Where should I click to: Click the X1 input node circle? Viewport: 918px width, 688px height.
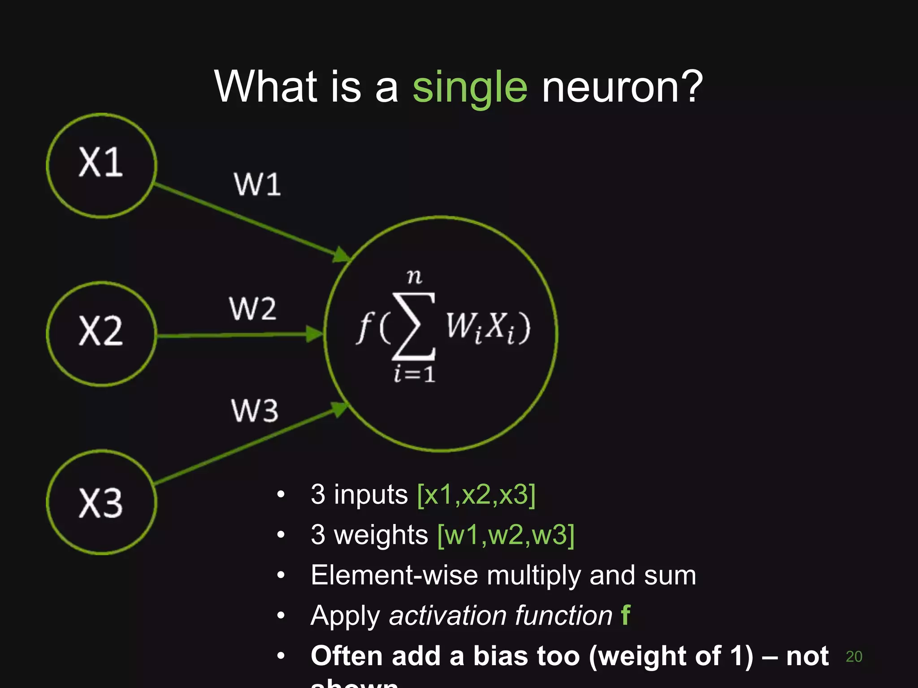pyautogui.click(x=101, y=166)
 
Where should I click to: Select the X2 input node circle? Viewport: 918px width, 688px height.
pyautogui.click(x=101, y=334)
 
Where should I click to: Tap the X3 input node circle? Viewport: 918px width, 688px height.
pyautogui.click(x=101, y=503)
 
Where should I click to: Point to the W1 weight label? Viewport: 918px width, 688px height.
pyautogui.click(x=257, y=184)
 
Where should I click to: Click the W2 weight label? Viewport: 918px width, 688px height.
pyautogui.click(x=253, y=309)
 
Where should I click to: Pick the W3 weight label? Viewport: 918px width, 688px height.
pyautogui.click(x=255, y=410)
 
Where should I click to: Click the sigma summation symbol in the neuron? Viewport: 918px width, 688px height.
pyautogui.click(x=413, y=326)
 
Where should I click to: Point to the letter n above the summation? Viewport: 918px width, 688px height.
pyautogui.click(x=415, y=276)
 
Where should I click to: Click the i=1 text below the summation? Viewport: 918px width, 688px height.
pyautogui.click(x=415, y=374)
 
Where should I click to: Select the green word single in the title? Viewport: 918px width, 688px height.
pyautogui.click(x=469, y=87)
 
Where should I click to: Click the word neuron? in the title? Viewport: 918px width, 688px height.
pyautogui.click(x=622, y=87)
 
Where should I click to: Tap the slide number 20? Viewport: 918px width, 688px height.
pyautogui.click(x=854, y=657)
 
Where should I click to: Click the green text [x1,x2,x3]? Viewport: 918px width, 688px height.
pyautogui.click(x=476, y=494)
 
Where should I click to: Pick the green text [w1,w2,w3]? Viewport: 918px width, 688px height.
pyautogui.click(x=506, y=535)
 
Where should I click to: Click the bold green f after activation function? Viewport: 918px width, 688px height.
pyautogui.click(x=626, y=615)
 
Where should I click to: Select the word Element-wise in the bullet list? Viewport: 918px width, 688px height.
pyautogui.click(x=394, y=575)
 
